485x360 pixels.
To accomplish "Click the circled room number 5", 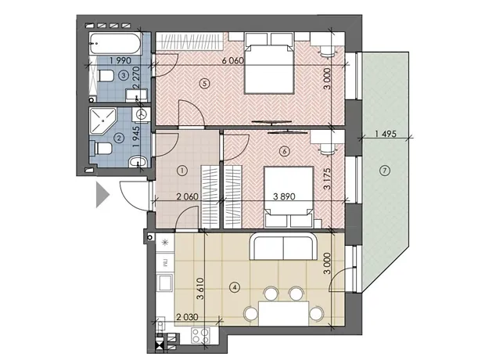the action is click(x=205, y=83).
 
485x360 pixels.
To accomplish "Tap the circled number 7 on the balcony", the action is click(x=384, y=171).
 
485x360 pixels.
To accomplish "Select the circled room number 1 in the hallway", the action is click(x=182, y=171).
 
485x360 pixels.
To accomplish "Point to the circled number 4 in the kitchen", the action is click(x=235, y=287).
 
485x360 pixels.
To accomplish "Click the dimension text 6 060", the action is click(x=233, y=60).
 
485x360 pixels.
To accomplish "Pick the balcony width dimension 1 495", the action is click(x=386, y=134).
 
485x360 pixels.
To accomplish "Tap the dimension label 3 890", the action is click(x=284, y=196).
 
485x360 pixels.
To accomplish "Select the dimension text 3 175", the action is click(x=327, y=178).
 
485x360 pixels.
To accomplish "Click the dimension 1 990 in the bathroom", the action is click(x=120, y=60).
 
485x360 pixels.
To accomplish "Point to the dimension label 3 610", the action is click(x=200, y=289).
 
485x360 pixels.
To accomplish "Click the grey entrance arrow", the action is click(x=102, y=194).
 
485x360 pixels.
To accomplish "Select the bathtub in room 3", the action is click(x=115, y=43).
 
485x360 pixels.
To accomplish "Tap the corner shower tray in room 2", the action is click(x=102, y=121).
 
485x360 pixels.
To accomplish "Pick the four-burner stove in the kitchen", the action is click(x=201, y=335).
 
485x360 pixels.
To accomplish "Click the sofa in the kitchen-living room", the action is click(x=283, y=247).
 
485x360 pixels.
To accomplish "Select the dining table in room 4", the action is click(x=284, y=313).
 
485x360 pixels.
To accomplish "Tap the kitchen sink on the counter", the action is click(x=165, y=283).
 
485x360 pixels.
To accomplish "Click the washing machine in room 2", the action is click(x=142, y=114).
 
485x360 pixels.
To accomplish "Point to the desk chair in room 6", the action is click(x=327, y=149).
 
